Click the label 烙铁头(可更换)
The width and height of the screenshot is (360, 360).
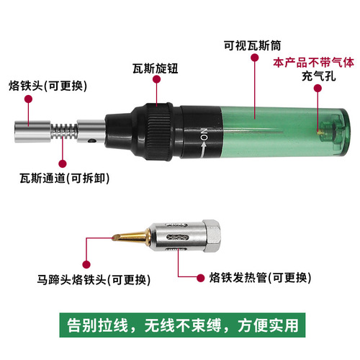click(48, 86)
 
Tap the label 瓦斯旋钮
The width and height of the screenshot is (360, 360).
click(155, 69)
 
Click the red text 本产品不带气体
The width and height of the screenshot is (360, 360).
click(313, 63)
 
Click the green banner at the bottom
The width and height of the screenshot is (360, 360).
click(180, 323)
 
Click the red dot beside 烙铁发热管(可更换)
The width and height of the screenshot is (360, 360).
click(195, 276)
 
